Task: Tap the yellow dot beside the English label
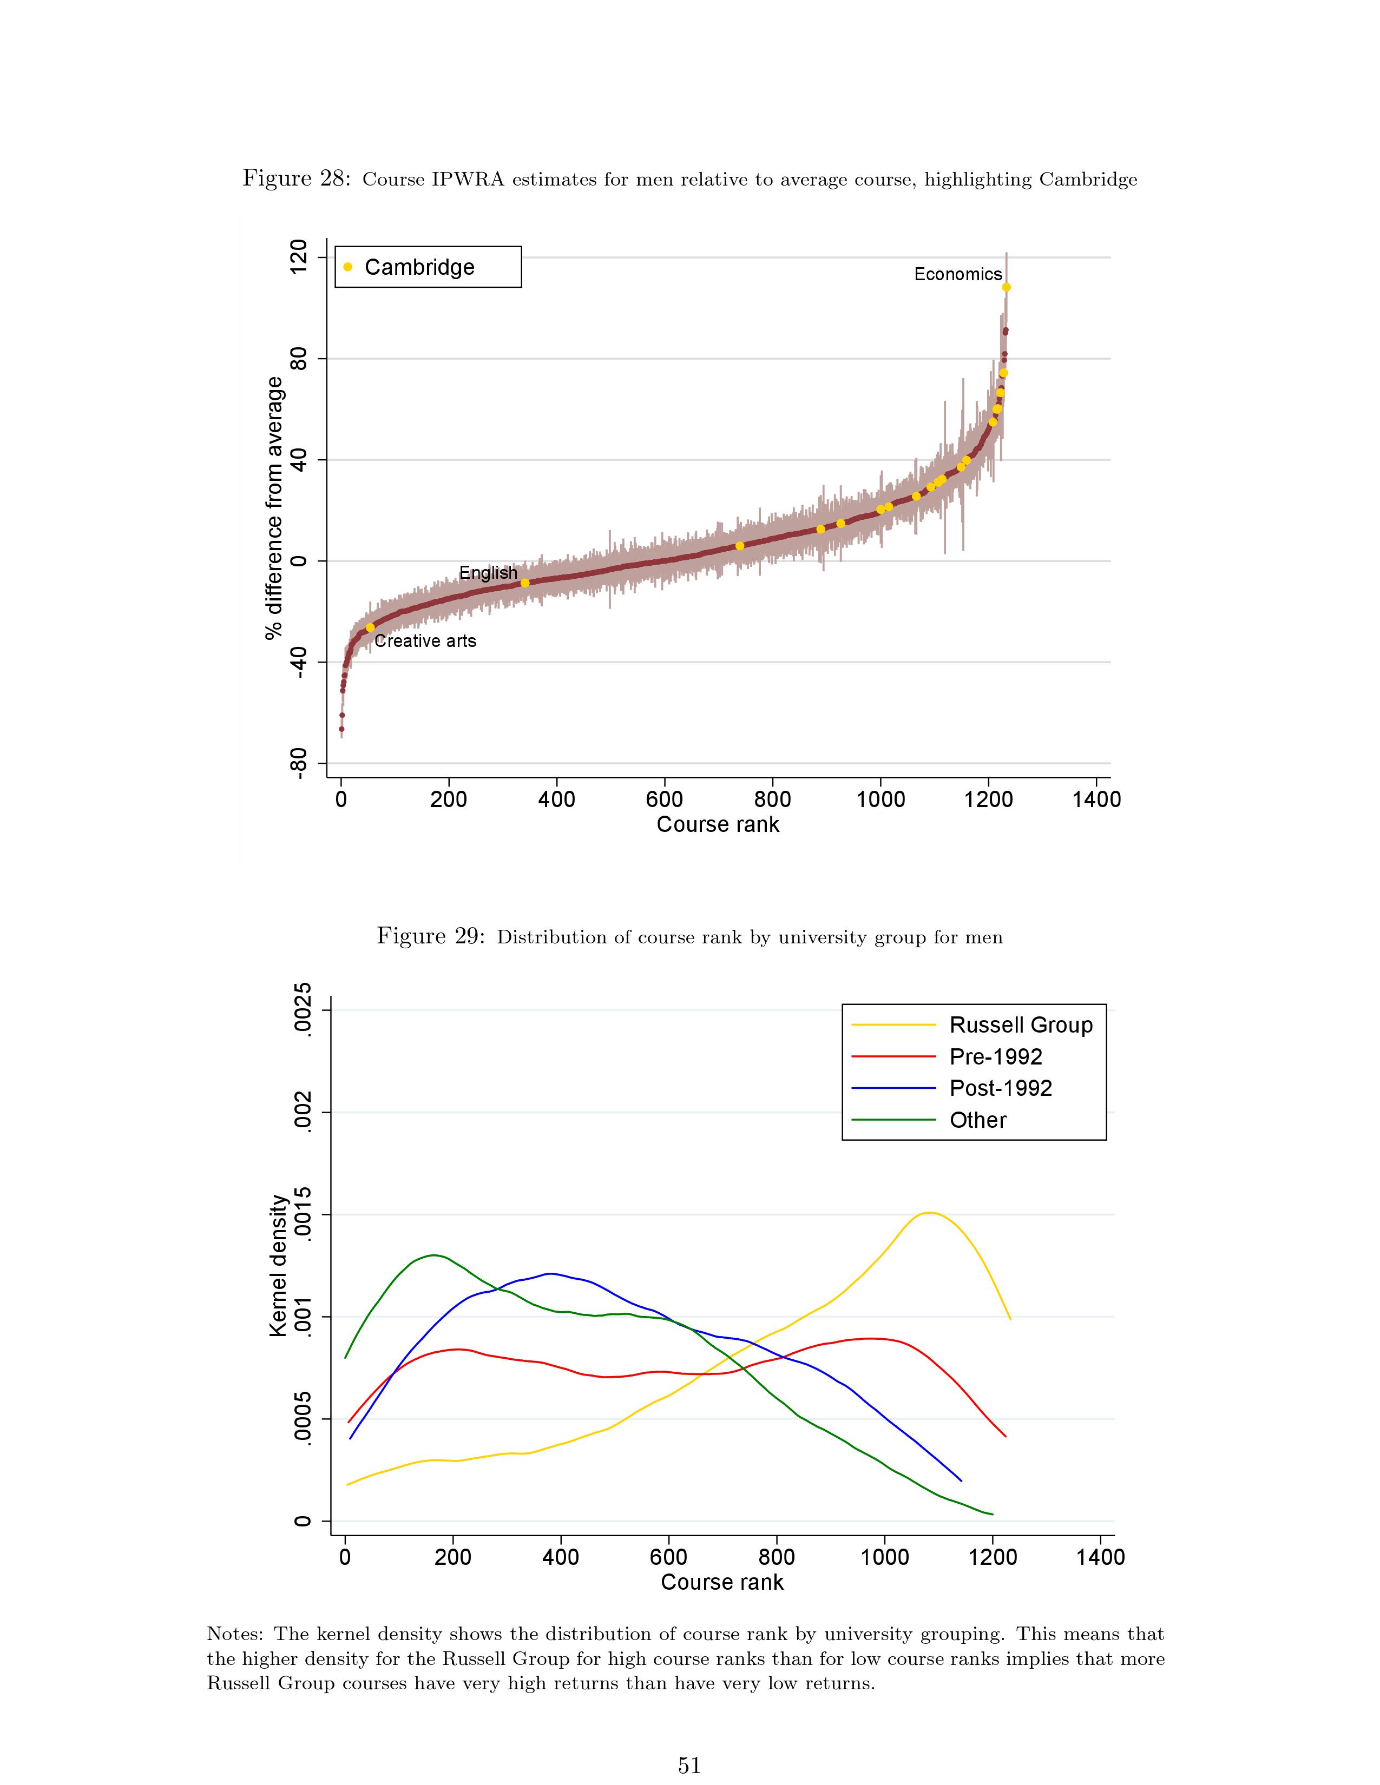pos(525,583)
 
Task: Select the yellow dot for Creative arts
pos(370,627)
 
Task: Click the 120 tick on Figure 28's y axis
pos(299,257)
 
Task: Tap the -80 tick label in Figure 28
pos(299,763)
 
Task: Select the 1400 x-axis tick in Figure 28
pos(1096,799)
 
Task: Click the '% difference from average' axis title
pos(275,507)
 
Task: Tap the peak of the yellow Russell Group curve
pos(929,1213)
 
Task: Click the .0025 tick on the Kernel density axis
pos(303,1010)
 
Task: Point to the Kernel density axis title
pos(278,1266)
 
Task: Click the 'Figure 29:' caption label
pos(430,937)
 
